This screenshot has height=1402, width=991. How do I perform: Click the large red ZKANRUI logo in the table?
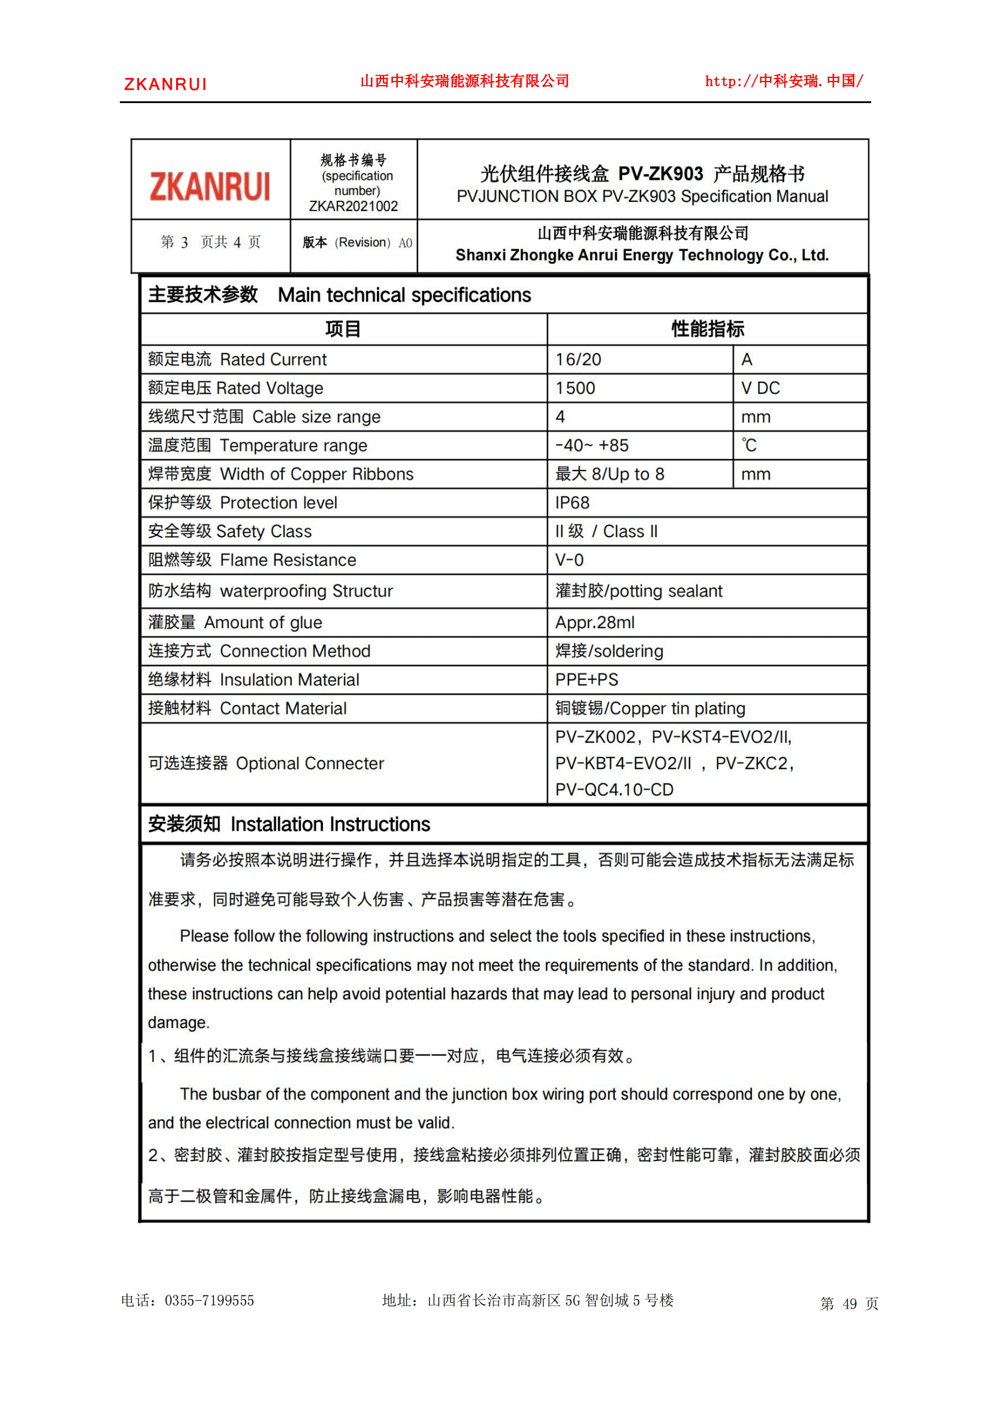point(210,186)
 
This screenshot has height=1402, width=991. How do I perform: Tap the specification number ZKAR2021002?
point(354,206)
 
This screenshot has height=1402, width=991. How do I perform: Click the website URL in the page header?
point(784,81)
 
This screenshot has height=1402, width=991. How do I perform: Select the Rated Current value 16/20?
point(578,360)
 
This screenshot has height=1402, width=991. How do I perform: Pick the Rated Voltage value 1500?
point(575,388)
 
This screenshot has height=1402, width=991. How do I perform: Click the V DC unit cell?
point(760,388)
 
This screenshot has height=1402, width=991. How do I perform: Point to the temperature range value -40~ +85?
point(591,446)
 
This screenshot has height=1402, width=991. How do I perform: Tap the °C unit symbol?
point(749,446)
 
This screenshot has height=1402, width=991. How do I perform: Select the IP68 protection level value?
point(572,503)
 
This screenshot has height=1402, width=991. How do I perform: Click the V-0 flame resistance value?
point(569,560)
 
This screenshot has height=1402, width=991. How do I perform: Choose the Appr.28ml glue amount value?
point(594,623)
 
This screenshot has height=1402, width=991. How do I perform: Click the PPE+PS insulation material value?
point(587,680)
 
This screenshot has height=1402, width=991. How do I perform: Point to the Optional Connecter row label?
point(266,763)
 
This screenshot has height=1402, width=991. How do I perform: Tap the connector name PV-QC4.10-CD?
point(614,789)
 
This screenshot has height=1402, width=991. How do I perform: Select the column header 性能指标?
point(708,329)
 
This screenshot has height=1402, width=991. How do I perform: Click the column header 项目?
point(343,329)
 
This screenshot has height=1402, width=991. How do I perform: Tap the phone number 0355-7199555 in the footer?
point(209,1301)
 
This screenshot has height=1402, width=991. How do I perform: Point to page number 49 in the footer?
point(850,1304)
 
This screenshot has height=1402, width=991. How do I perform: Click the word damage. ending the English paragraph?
point(179,1023)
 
